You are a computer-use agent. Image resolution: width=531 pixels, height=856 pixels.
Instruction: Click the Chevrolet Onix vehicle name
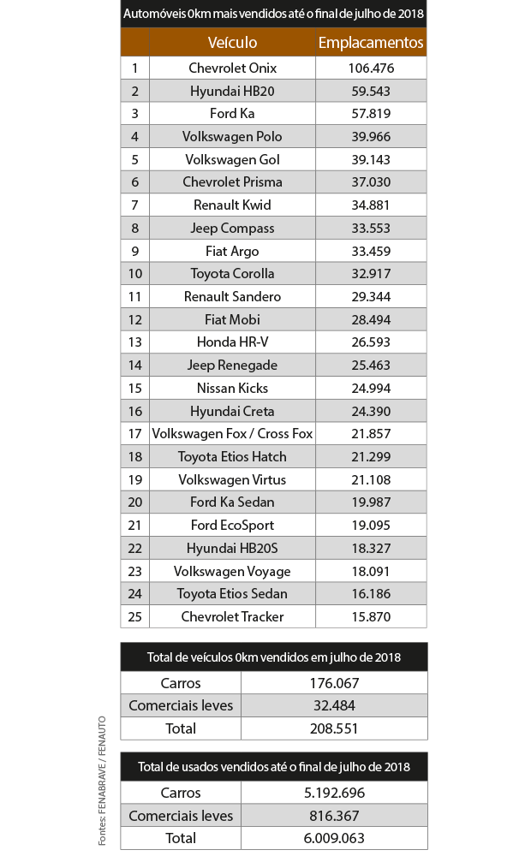pyautogui.click(x=232, y=68)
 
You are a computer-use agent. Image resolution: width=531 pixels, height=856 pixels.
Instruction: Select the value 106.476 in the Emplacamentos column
pyautogui.click(x=371, y=68)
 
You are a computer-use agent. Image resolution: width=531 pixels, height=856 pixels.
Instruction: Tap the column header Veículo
pyautogui.click(x=232, y=42)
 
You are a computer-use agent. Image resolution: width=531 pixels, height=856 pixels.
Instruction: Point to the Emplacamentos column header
pyautogui.click(x=371, y=42)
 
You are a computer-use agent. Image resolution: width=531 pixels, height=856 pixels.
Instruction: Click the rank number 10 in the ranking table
pyautogui.click(x=134, y=274)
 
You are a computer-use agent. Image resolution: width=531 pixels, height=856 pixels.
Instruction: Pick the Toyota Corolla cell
pyautogui.click(x=232, y=274)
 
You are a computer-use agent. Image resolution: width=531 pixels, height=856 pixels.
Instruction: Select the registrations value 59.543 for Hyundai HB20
pyautogui.click(x=371, y=91)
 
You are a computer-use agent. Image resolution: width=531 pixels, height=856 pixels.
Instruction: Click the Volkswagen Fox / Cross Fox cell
pyautogui.click(x=232, y=434)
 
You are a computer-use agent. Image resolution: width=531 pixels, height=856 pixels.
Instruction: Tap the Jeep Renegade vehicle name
pyautogui.click(x=232, y=366)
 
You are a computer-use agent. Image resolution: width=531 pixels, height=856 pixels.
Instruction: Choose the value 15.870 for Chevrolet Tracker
pyautogui.click(x=371, y=617)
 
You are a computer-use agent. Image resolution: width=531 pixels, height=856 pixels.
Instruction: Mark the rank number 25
pyautogui.click(x=134, y=617)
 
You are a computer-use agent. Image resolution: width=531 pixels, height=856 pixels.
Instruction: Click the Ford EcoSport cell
pyautogui.click(x=232, y=526)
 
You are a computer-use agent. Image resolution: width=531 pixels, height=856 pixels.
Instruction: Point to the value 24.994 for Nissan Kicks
pyautogui.click(x=371, y=389)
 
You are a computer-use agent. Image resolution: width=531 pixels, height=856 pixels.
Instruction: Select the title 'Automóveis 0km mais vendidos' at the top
pyautogui.click(x=273, y=15)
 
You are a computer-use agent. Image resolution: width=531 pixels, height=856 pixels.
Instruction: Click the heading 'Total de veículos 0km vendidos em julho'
pyautogui.click(x=273, y=657)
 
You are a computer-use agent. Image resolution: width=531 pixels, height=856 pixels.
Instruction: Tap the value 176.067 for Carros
pyautogui.click(x=334, y=683)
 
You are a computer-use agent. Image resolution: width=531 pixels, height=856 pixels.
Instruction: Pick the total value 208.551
pyautogui.click(x=334, y=729)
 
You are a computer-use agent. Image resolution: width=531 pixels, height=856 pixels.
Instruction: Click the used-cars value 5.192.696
pyautogui.click(x=334, y=793)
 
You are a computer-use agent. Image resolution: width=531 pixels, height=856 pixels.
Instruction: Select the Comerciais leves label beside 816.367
pyautogui.click(x=181, y=816)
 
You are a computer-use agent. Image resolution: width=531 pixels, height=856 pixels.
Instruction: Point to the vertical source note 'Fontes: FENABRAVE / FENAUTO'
pyautogui.click(x=102, y=781)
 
